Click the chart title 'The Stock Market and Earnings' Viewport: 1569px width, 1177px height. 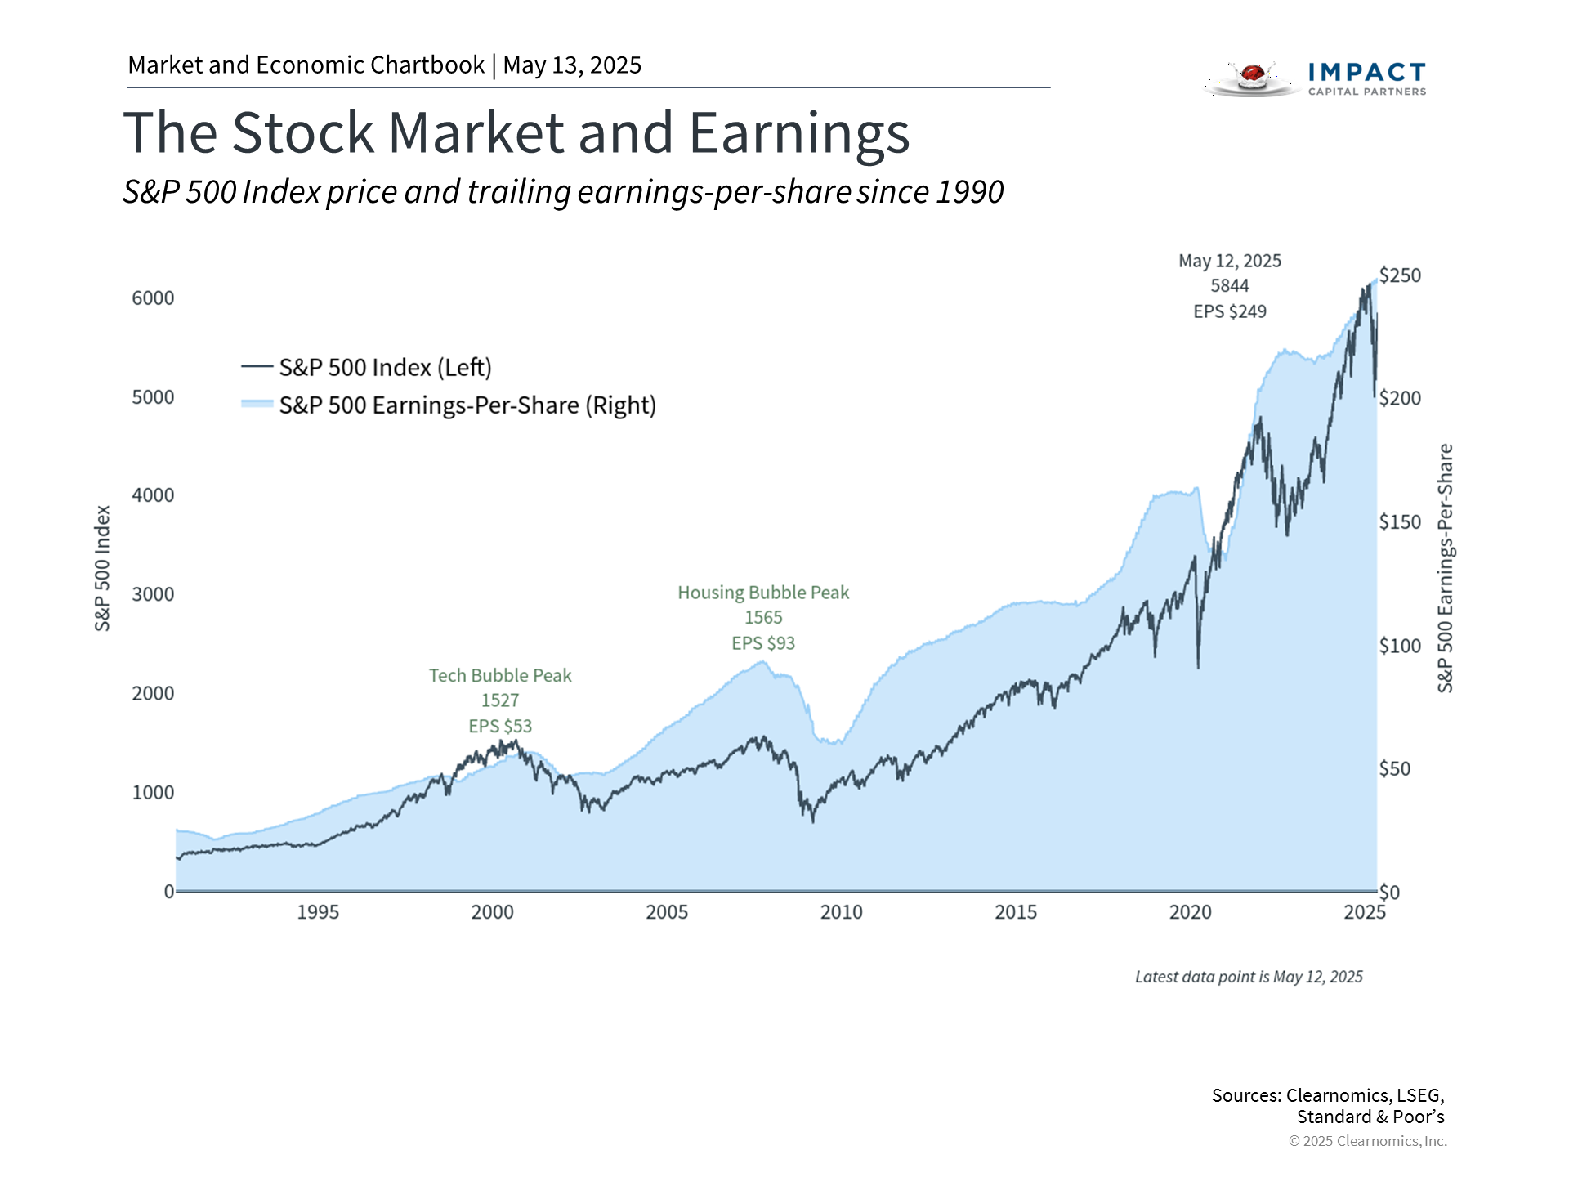click(516, 133)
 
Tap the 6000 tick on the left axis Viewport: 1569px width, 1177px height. click(153, 298)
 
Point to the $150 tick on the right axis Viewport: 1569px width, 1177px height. click(1400, 522)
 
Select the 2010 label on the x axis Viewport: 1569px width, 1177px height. click(841, 912)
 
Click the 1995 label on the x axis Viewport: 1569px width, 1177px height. click(318, 912)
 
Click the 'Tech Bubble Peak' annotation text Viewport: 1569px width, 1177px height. click(500, 676)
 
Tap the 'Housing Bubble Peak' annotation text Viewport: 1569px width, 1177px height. click(763, 593)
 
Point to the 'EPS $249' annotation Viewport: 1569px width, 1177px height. click(1230, 311)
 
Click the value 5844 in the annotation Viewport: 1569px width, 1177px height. click(1230, 286)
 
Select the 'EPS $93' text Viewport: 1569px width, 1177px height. click(763, 643)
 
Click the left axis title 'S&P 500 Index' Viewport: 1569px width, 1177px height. click(102, 568)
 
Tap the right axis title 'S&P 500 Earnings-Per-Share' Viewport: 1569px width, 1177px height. click(1446, 568)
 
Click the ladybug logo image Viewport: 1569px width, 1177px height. click(1251, 78)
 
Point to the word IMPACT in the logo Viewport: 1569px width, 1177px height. click(1367, 73)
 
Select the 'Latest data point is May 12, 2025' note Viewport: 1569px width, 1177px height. click(1249, 977)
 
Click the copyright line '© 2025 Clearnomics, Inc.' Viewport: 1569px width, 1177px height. click(1367, 1141)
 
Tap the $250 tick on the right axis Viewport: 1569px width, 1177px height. click(1400, 275)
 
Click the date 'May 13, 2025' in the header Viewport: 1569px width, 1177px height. click(572, 65)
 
